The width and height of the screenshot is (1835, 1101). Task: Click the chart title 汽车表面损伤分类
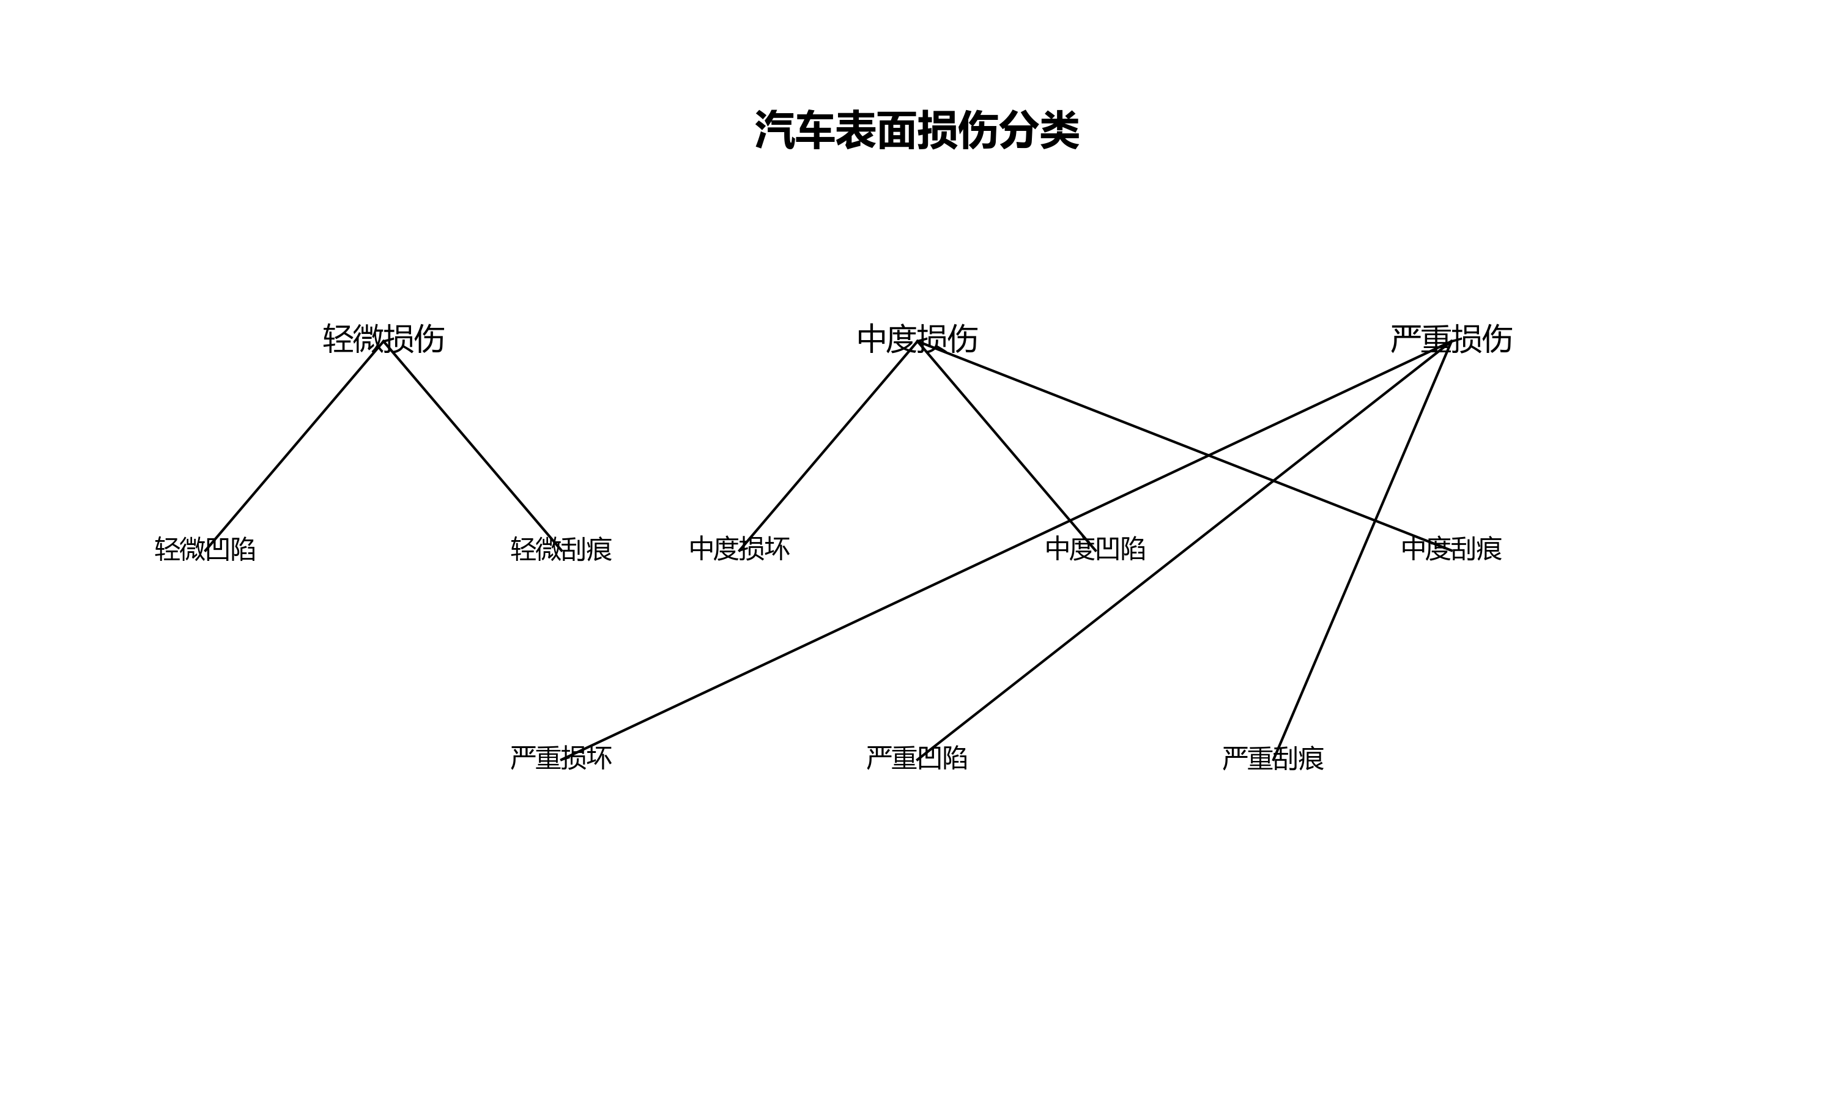coord(917,130)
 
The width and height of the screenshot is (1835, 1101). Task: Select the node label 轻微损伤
coord(384,339)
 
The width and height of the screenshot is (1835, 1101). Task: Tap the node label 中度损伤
coord(917,339)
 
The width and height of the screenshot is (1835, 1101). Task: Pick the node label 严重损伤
coord(1451,339)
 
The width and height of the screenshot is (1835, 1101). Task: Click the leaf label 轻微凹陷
coord(205,549)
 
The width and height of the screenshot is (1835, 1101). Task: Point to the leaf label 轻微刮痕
coord(561,549)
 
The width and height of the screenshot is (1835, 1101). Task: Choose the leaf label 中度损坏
coord(740,549)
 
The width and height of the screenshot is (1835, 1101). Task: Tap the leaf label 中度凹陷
coord(1095,549)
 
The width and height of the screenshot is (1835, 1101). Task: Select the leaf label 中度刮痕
coord(1451,549)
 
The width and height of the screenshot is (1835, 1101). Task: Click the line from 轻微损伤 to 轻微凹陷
coord(294,445)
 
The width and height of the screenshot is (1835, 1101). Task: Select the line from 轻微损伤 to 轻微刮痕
coord(472,445)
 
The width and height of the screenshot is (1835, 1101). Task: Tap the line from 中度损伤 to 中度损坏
coord(828,445)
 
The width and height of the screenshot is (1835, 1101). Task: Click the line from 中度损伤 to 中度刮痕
coord(1113,416)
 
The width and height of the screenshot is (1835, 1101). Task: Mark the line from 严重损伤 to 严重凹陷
coord(1113,605)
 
